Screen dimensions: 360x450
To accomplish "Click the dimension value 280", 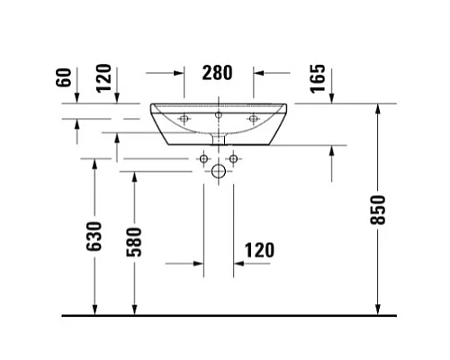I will point(219,72).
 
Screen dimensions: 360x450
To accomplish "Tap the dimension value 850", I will point(378,211).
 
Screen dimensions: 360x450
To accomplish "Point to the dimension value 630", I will point(95,237).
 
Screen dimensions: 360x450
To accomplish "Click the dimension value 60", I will point(63,76).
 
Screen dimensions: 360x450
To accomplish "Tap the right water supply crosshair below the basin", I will point(233,159).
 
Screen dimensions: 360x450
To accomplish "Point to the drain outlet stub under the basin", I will point(219,137).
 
